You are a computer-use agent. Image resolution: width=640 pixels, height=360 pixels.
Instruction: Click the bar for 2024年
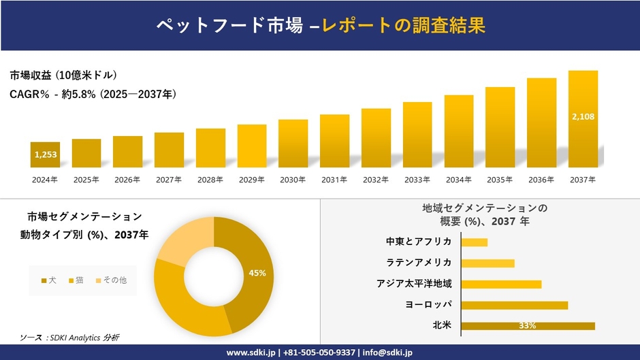(45, 154)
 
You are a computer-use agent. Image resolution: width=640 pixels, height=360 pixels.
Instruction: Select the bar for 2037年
(583, 119)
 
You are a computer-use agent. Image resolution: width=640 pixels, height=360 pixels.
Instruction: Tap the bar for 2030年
(293, 144)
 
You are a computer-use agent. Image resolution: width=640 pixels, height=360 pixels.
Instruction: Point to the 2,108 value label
(583, 116)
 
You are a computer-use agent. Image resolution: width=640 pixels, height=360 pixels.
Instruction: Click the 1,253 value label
(45, 155)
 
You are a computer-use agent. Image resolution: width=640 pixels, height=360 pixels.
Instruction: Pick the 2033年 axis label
(417, 180)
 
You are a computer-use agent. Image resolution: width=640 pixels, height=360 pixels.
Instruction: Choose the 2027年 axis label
(169, 180)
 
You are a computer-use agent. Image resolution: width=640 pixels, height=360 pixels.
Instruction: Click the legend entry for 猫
(76, 280)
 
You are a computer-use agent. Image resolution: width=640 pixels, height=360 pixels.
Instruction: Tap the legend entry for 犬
(48, 280)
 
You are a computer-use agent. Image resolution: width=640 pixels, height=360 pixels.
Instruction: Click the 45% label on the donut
(257, 273)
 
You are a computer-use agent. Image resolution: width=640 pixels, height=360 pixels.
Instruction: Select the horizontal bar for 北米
(528, 325)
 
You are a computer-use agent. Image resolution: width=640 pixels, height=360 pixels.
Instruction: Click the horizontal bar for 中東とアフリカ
(474, 242)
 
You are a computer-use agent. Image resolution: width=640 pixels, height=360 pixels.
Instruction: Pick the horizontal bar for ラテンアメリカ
(487, 263)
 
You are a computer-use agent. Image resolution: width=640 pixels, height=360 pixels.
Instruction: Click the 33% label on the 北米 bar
(527, 325)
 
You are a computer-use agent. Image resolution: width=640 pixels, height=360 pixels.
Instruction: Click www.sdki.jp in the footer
(251, 353)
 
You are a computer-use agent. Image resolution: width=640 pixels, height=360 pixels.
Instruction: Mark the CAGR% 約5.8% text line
(93, 95)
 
